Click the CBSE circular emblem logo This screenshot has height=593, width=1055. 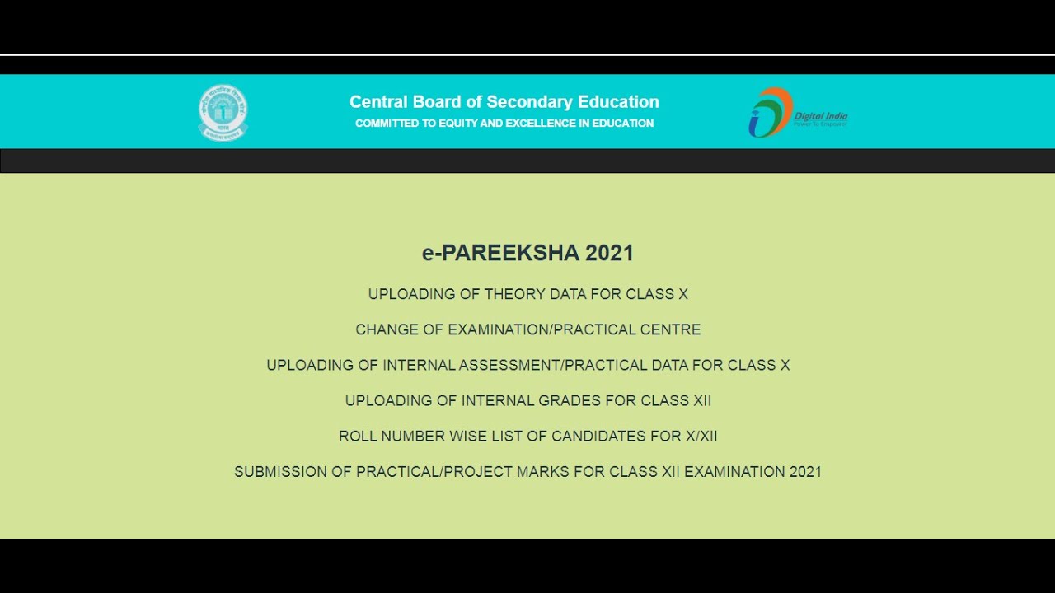coord(223,112)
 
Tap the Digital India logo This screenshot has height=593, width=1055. coord(797,113)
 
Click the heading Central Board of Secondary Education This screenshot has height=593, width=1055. coord(504,102)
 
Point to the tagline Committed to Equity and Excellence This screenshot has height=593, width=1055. coord(504,124)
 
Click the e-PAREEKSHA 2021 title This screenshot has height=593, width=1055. coord(527,253)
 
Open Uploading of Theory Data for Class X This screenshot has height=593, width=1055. coord(527,294)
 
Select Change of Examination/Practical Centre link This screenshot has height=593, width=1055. coord(527,329)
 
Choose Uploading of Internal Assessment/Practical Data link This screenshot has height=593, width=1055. coord(527,365)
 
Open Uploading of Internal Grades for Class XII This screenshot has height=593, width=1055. coord(527,400)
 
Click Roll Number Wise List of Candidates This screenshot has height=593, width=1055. coord(527,436)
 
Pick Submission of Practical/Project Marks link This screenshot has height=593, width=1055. coord(527,472)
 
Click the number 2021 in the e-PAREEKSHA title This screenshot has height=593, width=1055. coord(609,253)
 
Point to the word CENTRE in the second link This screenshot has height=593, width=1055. coord(673,329)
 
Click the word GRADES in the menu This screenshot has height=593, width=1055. coord(570,400)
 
